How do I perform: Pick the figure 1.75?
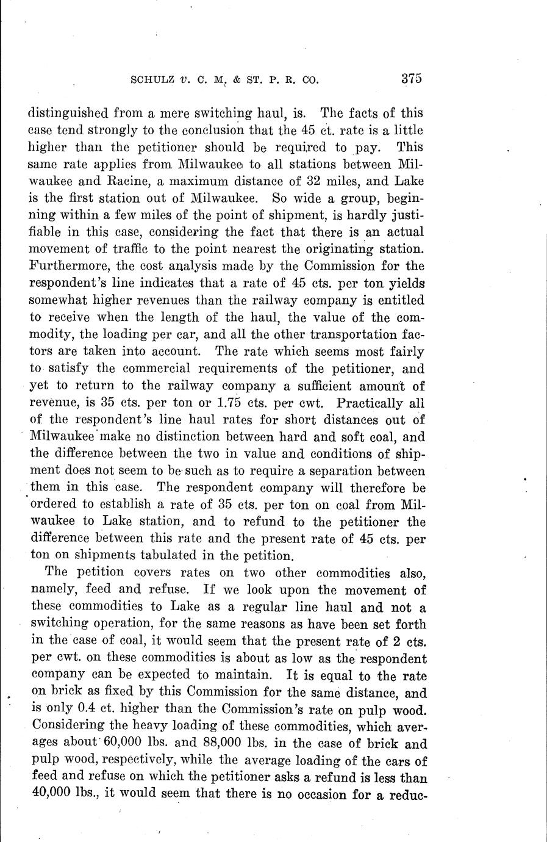pos(232,403)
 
